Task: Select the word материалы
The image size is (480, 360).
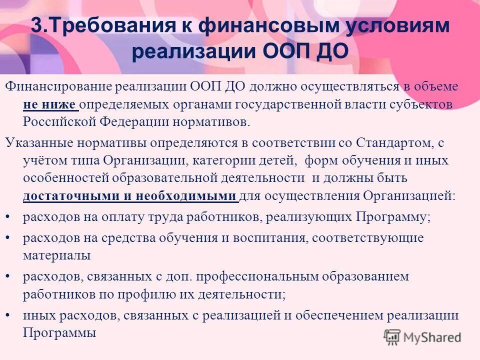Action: (56, 255)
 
